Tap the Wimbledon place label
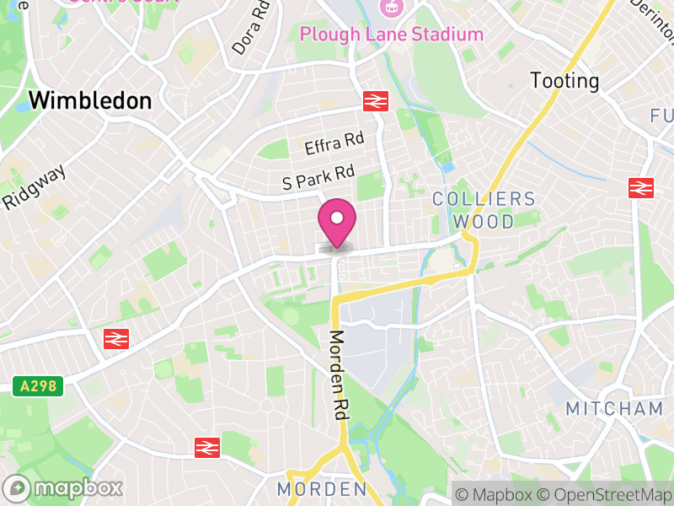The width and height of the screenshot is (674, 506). [x=90, y=100]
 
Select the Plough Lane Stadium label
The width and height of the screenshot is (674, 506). [x=392, y=35]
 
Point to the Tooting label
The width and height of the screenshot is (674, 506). [x=564, y=81]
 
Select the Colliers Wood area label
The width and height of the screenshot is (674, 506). [x=484, y=211]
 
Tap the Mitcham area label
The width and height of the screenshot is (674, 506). [x=614, y=409]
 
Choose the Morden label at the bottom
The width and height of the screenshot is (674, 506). [x=322, y=489]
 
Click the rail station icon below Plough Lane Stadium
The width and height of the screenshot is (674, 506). [x=375, y=101]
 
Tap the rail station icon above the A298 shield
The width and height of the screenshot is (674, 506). [x=115, y=339]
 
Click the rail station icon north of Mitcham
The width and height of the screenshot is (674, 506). [x=642, y=187]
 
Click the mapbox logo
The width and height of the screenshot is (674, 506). [x=65, y=487]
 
